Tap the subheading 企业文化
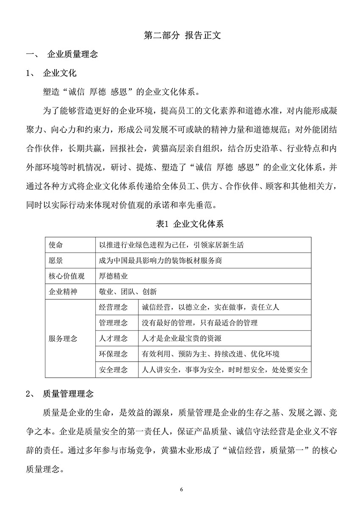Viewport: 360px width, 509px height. click(x=59, y=73)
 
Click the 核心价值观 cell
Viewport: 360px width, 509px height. click(x=66, y=276)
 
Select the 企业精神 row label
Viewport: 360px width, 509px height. click(x=63, y=291)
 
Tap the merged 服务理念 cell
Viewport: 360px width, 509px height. click(x=63, y=338)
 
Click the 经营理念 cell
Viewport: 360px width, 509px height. click(x=113, y=307)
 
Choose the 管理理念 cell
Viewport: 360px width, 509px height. click(x=113, y=323)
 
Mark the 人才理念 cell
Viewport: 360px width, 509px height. click(x=113, y=338)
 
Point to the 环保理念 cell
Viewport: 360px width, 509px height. click(x=113, y=354)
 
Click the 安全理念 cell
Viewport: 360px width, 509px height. click(x=113, y=369)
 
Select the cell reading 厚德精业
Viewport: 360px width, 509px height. click(x=113, y=276)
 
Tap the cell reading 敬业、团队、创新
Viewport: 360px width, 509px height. click(x=127, y=291)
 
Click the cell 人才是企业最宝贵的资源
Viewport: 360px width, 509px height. click(x=181, y=338)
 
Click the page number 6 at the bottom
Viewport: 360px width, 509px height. click(x=182, y=490)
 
